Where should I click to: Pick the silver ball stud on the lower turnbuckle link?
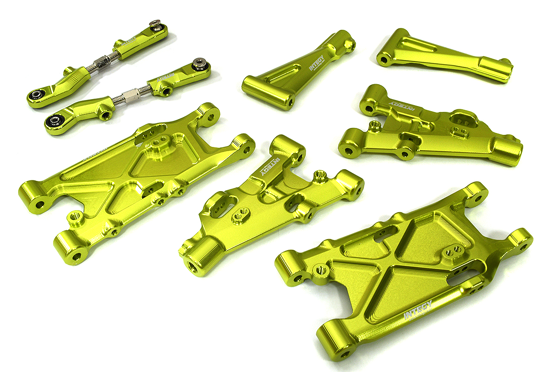pos(199,62)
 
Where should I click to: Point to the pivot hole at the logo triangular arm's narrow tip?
pos(350,45)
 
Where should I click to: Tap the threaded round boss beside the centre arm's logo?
pos(320,175)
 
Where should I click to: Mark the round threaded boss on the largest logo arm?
pos(321,268)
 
